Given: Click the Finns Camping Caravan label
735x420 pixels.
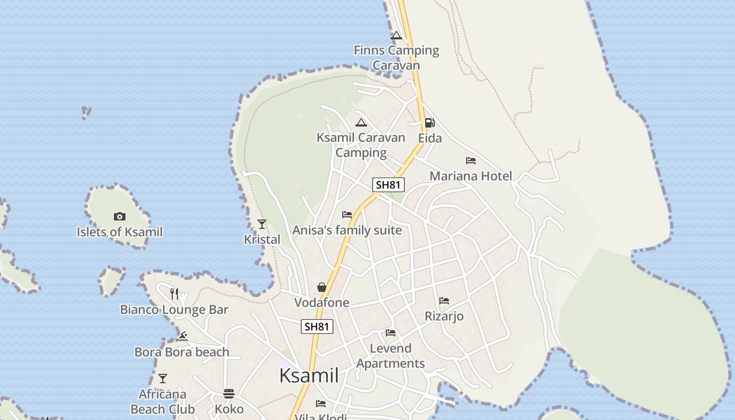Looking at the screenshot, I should [396, 58].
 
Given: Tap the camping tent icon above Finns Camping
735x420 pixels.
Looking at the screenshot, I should [396, 35].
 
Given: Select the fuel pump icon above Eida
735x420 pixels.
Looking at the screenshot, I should [429, 123].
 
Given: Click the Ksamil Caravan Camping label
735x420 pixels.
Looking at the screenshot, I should [361, 145].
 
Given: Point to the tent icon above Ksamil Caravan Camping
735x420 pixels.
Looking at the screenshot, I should [361, 123].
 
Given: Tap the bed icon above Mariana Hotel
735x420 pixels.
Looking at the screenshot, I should [471, 161].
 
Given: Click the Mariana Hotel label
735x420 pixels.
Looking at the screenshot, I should [471, 176].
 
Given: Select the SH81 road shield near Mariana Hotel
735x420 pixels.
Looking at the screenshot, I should [388, 185].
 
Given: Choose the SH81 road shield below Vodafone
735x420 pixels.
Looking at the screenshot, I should [317, 327].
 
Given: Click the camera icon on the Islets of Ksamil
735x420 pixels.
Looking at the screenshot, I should [120, 216].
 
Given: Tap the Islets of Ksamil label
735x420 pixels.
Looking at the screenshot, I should [120, 232].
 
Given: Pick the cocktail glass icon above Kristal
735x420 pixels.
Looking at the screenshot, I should [262, 224].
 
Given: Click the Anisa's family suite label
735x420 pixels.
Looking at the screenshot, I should [347, 230].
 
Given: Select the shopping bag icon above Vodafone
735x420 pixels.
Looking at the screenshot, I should [322, 287].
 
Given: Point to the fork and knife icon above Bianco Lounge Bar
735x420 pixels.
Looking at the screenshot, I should [174, 294].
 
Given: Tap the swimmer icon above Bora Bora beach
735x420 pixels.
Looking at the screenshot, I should [182, 337].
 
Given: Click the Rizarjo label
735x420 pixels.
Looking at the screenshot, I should [444, 316].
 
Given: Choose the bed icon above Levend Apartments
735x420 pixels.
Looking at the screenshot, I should [391, 333].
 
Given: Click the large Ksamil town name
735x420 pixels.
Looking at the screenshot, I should [309, 376].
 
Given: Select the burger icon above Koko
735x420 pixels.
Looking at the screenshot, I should [229, 393].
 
